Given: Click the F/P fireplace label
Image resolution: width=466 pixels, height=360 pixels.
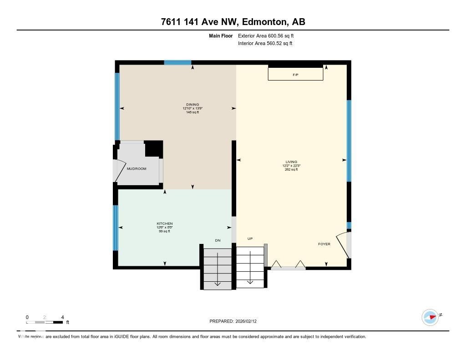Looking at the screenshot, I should tap(295, 75).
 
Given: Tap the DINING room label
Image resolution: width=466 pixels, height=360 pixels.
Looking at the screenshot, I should tap(192, 104).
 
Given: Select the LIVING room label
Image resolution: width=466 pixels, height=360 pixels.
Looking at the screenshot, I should tap(291, 162).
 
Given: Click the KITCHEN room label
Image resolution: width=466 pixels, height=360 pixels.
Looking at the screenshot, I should tap(165, 223).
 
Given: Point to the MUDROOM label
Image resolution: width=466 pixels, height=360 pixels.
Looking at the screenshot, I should tap(137, 169).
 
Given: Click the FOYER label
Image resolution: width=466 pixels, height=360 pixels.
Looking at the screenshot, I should tap(324, 244).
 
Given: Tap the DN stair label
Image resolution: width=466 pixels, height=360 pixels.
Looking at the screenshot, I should tap(218, 240).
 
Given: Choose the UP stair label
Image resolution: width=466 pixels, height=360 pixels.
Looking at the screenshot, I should tap(250, 238).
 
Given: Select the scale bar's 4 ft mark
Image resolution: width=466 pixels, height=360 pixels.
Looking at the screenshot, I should tap(62, 317).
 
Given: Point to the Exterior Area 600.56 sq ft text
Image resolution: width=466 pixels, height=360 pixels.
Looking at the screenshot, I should tap(269, 35).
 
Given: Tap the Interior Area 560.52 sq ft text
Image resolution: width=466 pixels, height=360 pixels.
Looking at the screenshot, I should tap(265, 44).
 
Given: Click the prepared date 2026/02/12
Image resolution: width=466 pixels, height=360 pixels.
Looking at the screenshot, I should tap(248, 321).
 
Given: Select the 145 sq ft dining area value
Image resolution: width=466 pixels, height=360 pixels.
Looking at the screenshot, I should tap(192, 112).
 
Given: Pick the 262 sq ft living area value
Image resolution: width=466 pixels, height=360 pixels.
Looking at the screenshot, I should tap(291, 170).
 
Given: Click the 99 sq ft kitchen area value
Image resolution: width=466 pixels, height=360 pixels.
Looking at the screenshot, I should tap(165, 231).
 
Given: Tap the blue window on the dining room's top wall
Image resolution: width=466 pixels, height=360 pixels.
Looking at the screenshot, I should tap(177, 63).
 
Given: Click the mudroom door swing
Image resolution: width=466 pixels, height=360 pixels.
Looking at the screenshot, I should tap(119, 171).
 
